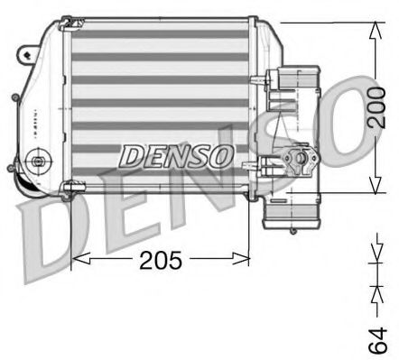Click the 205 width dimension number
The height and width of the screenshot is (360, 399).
[162, 261]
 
